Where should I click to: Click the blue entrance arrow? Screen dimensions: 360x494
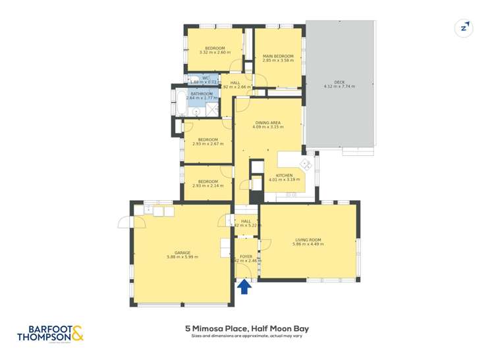(x=244, y=286)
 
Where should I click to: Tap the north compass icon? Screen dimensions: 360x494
(x=464, y=28)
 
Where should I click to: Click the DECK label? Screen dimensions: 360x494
(x=339, y=82)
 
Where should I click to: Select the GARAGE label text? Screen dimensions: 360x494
(x=182, y=253)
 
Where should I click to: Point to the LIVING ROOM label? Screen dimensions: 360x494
(x=308, y=240)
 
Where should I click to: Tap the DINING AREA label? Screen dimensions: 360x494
(x=269, y=122)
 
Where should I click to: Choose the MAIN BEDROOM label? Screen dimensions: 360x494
(x=277, y=56)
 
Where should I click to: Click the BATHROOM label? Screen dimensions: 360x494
(x=202, y=94)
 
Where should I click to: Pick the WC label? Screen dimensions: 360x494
(x=206, y=78)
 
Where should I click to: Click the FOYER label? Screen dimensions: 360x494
(x=246, y=257)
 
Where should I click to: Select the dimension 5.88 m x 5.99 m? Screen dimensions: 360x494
(x=182, y=257)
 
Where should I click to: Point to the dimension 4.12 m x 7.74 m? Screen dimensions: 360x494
(x=339, y=87)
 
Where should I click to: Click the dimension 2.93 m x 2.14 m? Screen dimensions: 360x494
(x=208, y=186)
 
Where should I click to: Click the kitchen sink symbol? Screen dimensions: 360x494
(x=306, y=163)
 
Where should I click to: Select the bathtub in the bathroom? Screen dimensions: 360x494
(x=180, y=102)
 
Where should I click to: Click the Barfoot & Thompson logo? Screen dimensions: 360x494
(x=55, y=333)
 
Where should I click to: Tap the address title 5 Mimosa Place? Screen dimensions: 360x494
(x=247, y=328)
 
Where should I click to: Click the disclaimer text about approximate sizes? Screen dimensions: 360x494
(x=247, y=336)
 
